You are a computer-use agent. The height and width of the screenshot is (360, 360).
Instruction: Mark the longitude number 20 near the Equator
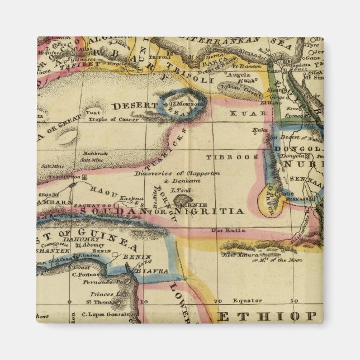(217, 300)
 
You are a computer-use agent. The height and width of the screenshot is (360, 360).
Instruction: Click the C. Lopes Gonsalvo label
(101, 314)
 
